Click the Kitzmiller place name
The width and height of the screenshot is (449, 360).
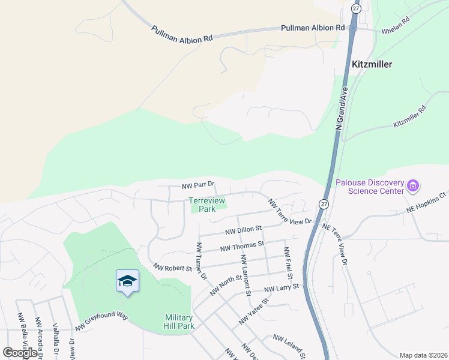372,64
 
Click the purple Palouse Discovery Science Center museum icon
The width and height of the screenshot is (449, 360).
412,186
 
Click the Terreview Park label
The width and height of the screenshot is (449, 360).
203,205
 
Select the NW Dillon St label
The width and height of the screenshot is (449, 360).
244,229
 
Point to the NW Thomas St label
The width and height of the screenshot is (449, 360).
242,245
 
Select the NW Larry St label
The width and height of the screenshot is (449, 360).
282,289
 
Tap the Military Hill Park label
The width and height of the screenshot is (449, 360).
179,322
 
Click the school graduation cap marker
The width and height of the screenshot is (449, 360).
127,281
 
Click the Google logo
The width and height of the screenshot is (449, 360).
20,353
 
